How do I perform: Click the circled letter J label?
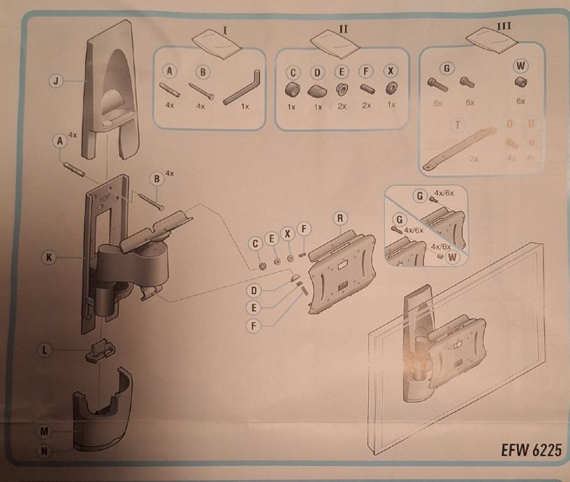(57, 82)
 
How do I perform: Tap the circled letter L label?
(47, 349)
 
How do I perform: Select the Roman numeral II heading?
(343, 29)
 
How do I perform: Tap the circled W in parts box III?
(520, 66)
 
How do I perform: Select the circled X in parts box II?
(391, 72)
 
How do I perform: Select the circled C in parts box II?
(293, 72)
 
